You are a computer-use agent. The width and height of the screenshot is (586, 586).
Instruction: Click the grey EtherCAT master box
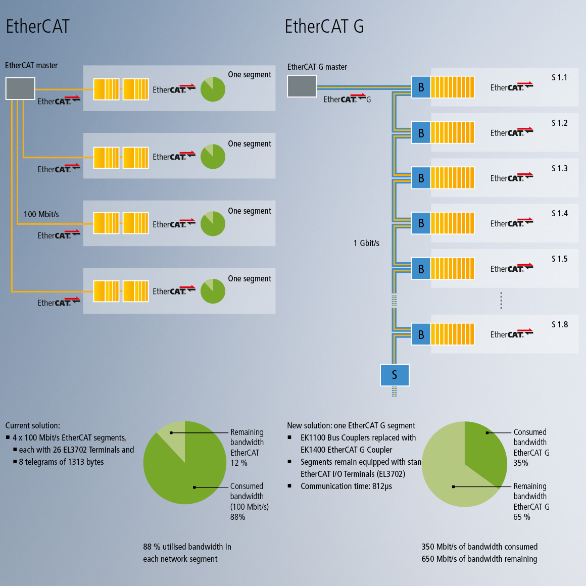point(20,88)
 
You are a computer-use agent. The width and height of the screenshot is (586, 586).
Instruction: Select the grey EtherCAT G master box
point(302,86)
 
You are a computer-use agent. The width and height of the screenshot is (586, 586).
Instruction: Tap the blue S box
point(395,375)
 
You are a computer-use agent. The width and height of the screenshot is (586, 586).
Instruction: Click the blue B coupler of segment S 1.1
point(421,87)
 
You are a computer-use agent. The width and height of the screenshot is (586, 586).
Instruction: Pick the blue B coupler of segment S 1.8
point(421,334)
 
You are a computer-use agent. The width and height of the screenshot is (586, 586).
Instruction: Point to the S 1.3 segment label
point(559,168)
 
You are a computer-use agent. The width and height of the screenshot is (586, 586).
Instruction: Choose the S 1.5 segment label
point(559,259)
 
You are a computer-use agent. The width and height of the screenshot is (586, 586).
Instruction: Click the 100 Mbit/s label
point(41,214)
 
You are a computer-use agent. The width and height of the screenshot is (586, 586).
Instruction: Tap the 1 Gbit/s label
point(366,243)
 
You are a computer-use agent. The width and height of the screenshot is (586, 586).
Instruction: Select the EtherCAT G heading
point(324,26)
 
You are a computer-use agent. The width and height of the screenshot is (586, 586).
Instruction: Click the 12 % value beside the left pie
point(239,463)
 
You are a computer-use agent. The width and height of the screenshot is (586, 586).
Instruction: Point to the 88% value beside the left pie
point(238,517)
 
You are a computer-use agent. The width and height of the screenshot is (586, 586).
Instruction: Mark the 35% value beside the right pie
point(521,463)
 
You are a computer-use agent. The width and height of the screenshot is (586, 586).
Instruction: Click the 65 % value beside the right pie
point(522,517)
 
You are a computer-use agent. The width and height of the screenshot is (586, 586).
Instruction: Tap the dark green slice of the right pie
point(482,450)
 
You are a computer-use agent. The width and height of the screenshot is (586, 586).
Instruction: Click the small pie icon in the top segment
point(213,89)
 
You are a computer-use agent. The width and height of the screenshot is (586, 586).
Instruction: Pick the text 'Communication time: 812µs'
point(346,486)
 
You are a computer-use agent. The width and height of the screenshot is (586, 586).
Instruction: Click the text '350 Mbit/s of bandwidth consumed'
point(479,547)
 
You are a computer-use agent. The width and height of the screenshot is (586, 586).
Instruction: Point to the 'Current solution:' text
point(32,425)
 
